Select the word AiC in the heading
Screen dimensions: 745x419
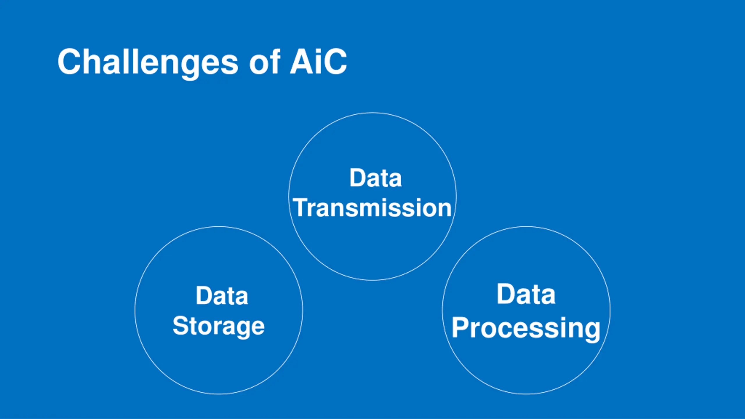coord(318,62)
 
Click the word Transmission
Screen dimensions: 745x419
coord(372,208)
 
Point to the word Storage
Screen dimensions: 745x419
coord(219,326)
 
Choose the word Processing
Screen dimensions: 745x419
coord(526,328)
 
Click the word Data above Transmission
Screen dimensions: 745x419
coord(375,178)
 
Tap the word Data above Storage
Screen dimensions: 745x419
coord(222,296)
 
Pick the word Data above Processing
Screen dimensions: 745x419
coord(526,294)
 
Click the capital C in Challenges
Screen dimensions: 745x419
coord(69,62)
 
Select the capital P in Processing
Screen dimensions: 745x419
coord(460,328)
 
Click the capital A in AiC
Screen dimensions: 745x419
coord(301,62)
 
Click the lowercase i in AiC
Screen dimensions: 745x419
coord(318,62)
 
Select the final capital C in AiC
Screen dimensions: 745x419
coord(335,62)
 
